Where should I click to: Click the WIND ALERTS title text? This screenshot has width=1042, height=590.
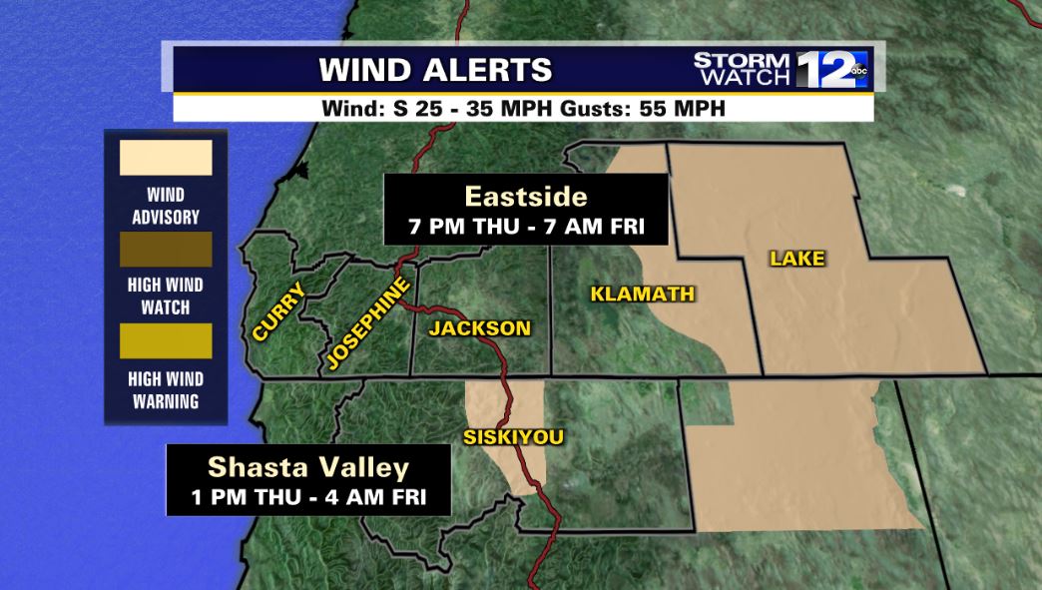click(435, 70)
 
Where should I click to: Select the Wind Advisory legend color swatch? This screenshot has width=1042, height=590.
click(166, 158)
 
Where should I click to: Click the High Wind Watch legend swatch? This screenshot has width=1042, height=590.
click(166, 250)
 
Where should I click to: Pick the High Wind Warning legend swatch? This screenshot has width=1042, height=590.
click(166, 341)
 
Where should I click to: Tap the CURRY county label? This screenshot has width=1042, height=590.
click(278, 311)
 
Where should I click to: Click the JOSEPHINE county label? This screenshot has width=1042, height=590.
click(366, 324)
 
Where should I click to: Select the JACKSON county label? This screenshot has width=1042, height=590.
click(480, 328)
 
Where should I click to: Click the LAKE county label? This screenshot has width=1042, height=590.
click(797, 259)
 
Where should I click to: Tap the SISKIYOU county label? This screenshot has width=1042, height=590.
click(513, 437)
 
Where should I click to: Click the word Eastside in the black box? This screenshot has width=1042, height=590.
click(525, 196)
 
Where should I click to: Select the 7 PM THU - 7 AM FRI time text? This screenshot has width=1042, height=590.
click(525, 226)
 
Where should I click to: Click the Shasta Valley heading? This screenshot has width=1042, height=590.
click(308, 467)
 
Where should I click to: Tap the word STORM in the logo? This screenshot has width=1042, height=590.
click(743, 60)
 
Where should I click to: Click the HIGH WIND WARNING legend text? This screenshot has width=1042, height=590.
click(166, 390)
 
